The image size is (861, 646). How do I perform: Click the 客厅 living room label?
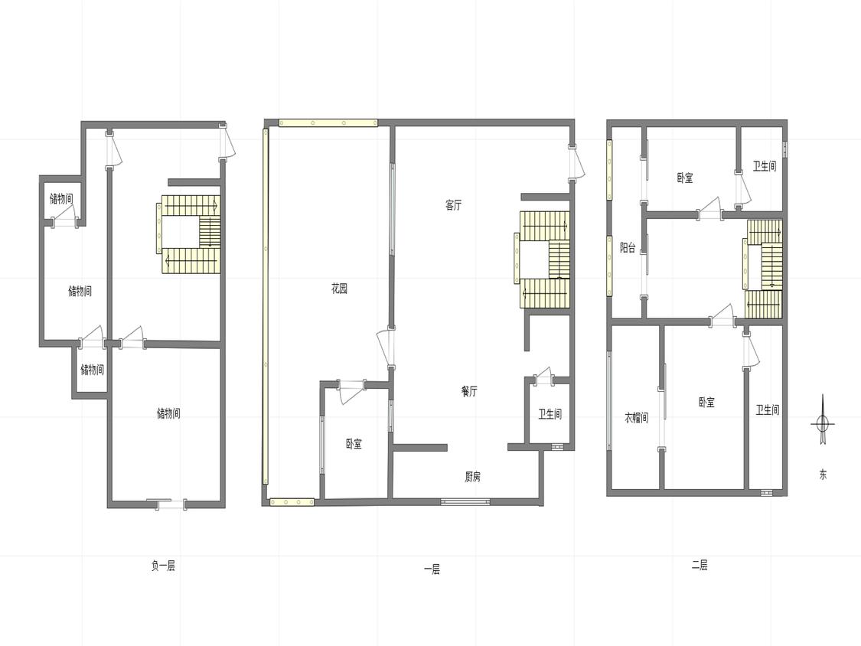tap(453, 205)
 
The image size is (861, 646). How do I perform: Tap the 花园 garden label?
tap(339, 289)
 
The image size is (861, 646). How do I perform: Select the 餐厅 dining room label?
tap(469, 391)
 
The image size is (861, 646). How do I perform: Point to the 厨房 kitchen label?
tap(472, 476)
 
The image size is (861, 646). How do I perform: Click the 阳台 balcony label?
tap(628, 248)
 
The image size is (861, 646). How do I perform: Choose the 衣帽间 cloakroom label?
tap(637, 417)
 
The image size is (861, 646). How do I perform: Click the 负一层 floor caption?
tap(163, 565)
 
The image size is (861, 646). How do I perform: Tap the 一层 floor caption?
tap(432, 569)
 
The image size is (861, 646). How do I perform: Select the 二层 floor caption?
tap(700, 565)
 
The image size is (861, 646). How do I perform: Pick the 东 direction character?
tap(823, 475)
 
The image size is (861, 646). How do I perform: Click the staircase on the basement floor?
tap(190, 234)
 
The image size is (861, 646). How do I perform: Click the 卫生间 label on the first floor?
tap(550, 414)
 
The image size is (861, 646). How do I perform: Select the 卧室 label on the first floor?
tap(354, 444)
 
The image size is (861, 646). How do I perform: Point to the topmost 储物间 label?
tap(61, 198)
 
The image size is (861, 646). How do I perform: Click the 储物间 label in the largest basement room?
tap(168, 413)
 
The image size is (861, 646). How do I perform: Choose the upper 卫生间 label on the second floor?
tap(765, 166)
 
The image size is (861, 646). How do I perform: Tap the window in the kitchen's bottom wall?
tap(465, 501)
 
